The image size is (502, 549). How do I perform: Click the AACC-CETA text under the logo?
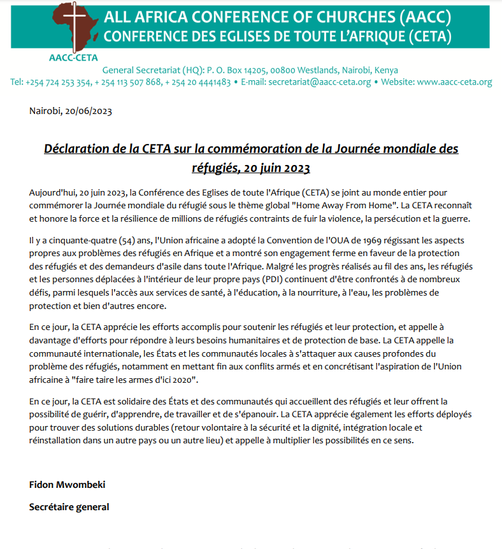click(73, 57)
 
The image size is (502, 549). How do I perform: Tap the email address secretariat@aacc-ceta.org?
click(319, 82)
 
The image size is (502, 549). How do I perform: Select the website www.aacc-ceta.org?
click(454, 82)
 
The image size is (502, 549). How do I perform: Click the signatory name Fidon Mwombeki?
click(67, 484)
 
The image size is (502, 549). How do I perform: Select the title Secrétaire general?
click(69, 507)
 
